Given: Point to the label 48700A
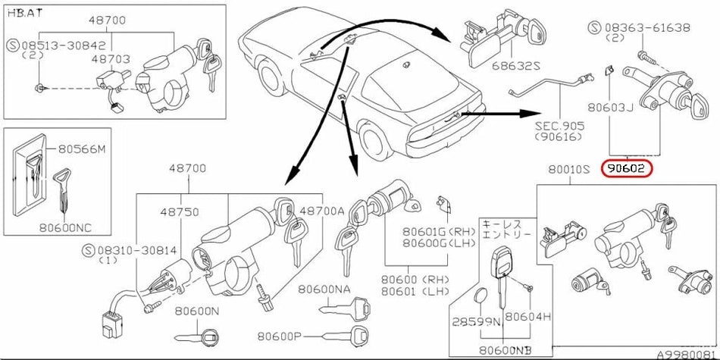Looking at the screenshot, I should pyautogui.click(x=323, y=210).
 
